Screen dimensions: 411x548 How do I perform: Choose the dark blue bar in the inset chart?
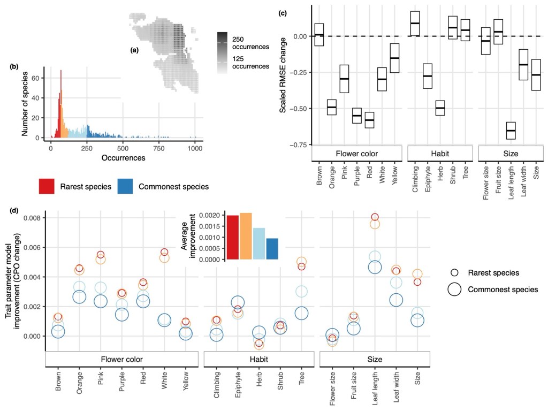[x=272, y=249]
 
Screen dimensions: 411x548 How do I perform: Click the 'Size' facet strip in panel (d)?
[x=375, y=359]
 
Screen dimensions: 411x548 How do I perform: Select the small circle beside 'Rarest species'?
[x=454, y=273]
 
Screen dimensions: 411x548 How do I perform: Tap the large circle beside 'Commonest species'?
[x=454, y=290]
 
